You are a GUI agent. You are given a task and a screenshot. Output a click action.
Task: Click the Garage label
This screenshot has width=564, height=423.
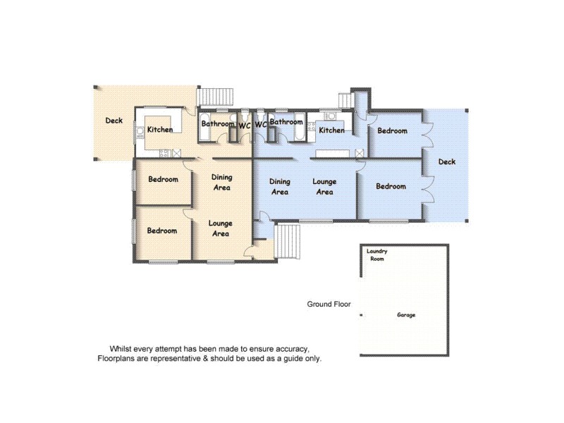click(405, 315)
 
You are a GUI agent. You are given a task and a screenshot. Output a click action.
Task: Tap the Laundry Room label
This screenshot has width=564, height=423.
click(378, 255)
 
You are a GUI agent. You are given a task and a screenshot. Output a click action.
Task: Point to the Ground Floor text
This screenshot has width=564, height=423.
click(329, 305)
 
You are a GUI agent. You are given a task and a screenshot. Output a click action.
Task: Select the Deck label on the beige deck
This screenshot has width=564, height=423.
click(114, 121)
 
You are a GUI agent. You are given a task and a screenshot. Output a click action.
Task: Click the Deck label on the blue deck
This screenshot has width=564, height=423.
click(447, 162)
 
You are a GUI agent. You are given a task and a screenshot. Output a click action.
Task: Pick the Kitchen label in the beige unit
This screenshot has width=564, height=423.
click(160, 130)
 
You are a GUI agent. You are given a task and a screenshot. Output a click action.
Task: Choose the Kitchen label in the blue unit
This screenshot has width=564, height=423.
click(332, 130)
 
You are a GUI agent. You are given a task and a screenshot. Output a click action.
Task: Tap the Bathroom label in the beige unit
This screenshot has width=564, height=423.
click(218, 124)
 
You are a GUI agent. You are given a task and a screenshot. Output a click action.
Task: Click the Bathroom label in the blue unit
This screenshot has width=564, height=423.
click(286, 122)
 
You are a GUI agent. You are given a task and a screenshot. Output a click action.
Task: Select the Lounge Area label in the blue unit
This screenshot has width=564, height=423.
click(325, 187)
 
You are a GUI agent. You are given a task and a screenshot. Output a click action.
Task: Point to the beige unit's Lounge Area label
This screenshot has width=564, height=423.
click(221, 228)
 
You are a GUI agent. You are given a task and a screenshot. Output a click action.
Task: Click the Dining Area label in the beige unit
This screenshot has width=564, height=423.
click(222, 183)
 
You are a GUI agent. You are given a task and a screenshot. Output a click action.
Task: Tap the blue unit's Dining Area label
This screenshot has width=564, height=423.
click(280, 187)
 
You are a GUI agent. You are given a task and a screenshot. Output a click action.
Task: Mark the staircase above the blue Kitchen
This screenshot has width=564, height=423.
click(345, 101)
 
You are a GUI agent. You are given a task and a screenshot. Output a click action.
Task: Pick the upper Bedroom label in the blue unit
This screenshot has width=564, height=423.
click(392, 131)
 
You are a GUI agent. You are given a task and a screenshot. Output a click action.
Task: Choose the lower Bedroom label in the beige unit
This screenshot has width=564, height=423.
click(162, 231)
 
